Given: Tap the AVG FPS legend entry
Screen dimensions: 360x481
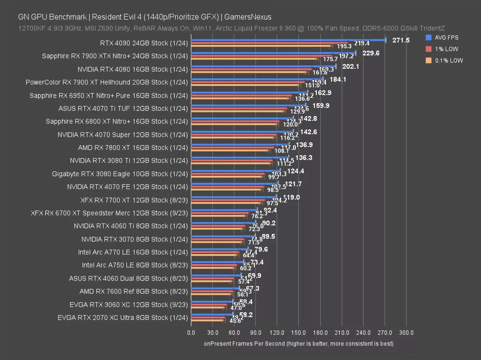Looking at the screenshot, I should [447, 38].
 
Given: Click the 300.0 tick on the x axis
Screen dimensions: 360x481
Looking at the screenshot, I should [406, 333].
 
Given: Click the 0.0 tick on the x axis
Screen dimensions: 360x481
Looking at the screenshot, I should [191, 333].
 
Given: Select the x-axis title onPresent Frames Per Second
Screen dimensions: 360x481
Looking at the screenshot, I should [298, 344].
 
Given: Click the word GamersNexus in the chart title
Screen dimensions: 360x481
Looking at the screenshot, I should [247, 17].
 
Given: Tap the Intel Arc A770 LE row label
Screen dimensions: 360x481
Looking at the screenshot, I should [133, 252].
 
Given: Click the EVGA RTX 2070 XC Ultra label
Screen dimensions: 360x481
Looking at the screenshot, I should [122, 318].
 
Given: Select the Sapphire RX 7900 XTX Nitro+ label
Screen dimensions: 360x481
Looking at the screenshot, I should [114, 56].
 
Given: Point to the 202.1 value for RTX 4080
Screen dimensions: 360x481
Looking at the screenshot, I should [351, 66].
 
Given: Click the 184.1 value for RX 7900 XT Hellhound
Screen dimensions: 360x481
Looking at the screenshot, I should [338, 80].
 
